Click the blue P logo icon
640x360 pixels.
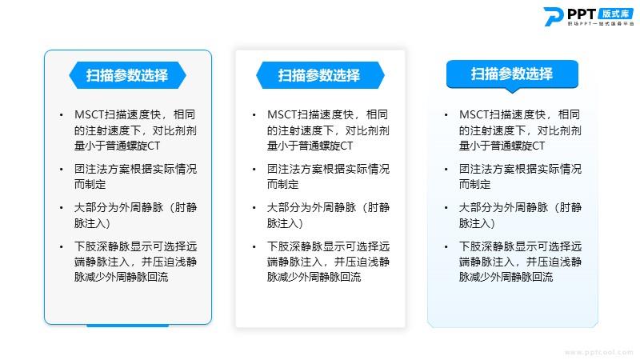[x=553, y=17]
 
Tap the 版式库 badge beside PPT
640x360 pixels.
[x=615, y=14]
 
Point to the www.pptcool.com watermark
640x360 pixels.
[x=598, y=352]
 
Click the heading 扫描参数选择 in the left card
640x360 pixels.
[x=127, y=75]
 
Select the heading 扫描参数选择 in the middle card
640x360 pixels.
[x=318, y=75]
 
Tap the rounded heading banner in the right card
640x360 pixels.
[x=512, y=74]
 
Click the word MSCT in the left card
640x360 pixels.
[x=90, y=114]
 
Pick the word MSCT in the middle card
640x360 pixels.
[x=282, y=114]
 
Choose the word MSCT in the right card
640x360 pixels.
[x=474, y=114]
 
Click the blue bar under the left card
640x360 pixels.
[x=128, y=326]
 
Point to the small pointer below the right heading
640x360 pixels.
[x=512, y=90]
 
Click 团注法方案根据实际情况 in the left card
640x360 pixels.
[x=135, y=169]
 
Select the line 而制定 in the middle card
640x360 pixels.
[x=282, y=185]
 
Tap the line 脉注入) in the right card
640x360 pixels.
[x=477, y=223]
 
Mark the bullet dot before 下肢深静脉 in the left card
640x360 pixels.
[x=62, y=247]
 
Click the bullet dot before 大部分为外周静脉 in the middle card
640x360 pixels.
[x=254, y=208]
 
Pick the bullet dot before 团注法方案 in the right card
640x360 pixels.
[x=446, y=170]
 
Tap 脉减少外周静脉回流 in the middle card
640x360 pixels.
[x=314, y=277]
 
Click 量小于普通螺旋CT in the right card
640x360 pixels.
[x=502, y=146]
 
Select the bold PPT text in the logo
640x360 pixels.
[x=582, y=14]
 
